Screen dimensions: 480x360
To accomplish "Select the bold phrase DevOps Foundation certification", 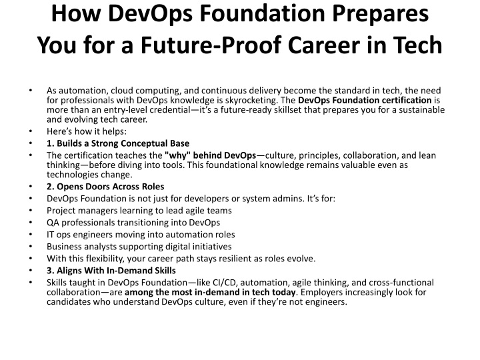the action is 365,100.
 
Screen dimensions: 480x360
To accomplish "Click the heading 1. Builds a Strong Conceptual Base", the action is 118,143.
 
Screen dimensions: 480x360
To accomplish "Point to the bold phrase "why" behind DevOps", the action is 210,155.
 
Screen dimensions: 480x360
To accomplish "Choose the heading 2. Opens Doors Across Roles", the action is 105,187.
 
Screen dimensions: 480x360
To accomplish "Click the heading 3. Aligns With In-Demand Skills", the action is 111,270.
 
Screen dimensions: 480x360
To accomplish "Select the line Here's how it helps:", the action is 87,131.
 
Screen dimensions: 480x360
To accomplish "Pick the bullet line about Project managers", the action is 139,211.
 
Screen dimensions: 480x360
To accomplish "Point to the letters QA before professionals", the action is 53,223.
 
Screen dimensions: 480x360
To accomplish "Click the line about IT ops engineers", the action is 141,235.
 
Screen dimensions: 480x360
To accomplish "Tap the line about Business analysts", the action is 139,247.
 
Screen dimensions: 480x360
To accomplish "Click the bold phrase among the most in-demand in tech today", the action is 210,292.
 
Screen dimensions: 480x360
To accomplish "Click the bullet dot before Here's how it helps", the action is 31,131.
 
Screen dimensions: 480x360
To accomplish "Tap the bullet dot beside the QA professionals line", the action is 31,223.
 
